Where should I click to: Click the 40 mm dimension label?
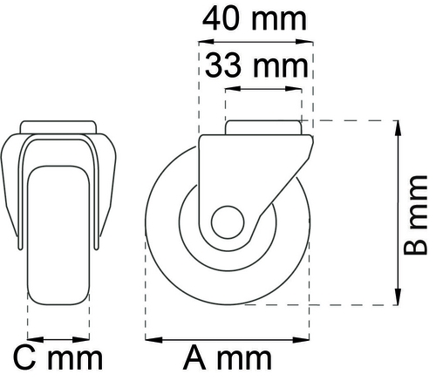(255, 17)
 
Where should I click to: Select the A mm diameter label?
(228, 357)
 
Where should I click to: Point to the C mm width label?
(58, 357)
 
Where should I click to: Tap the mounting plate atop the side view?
(265, 127)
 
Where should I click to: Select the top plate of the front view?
(59, 127)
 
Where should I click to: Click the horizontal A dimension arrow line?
(228, 337)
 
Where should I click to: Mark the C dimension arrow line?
(59, 337)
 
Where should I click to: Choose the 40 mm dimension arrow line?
(255, 40)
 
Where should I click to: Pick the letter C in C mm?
(26, 357)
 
